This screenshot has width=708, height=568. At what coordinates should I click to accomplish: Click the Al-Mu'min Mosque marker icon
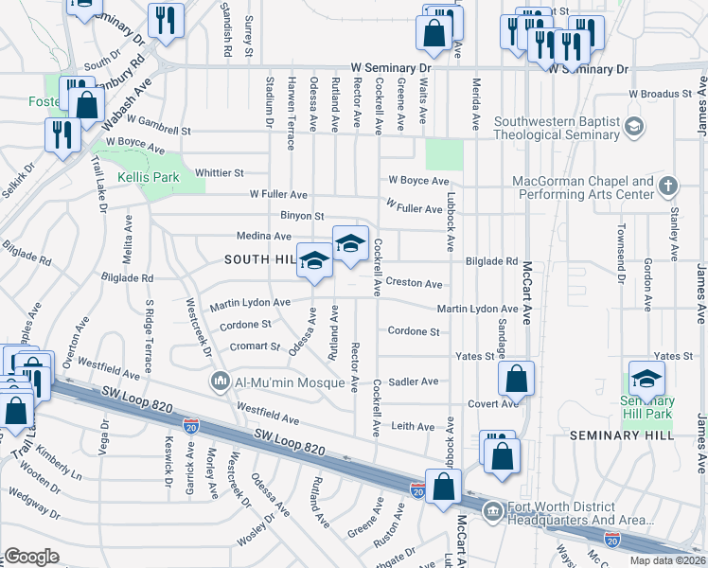click(220, 381)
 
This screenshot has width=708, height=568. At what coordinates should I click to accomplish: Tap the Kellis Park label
click(147, 177)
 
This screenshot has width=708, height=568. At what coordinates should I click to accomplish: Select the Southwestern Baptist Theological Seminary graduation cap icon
click(633, 125)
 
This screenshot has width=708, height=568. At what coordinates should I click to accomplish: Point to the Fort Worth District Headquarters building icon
click(493, 512)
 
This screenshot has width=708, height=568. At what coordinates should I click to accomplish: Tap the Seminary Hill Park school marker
click(647, 379)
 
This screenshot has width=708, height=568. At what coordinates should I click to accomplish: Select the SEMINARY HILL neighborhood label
click(620, 434)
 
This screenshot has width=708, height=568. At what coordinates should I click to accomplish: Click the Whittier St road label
click(219, 173)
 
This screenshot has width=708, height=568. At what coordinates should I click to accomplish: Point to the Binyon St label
click(302, 217)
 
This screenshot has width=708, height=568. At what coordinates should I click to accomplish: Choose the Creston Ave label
click(414, 284)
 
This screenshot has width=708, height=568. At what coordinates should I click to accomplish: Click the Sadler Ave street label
click(414, 382)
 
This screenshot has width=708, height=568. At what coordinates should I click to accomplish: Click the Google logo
click(31, 557)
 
